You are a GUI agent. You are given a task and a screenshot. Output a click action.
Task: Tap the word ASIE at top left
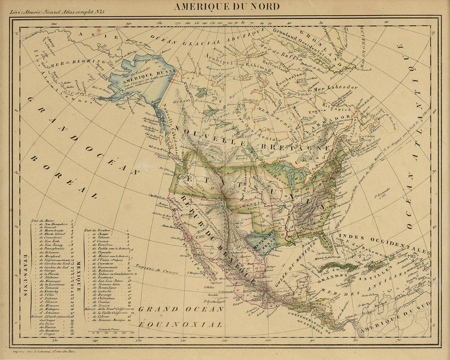101,36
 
